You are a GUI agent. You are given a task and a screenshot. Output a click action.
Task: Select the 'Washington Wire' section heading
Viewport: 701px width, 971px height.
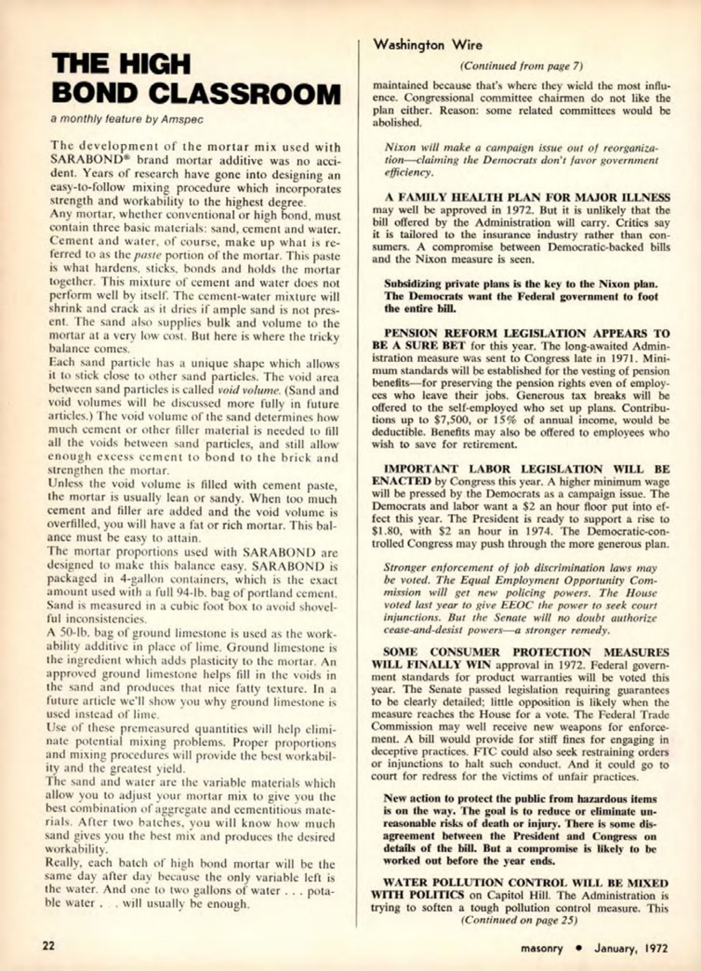coord(427,46)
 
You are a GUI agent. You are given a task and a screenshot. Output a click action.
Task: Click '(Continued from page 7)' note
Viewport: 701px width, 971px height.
coord(521,65)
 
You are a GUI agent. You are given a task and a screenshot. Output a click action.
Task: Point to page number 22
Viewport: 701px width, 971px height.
coord(48,945)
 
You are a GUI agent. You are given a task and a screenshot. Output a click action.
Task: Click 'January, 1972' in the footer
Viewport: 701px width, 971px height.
coord(631,948)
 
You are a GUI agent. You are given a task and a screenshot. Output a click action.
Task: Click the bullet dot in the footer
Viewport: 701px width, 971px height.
coord(578,948)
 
